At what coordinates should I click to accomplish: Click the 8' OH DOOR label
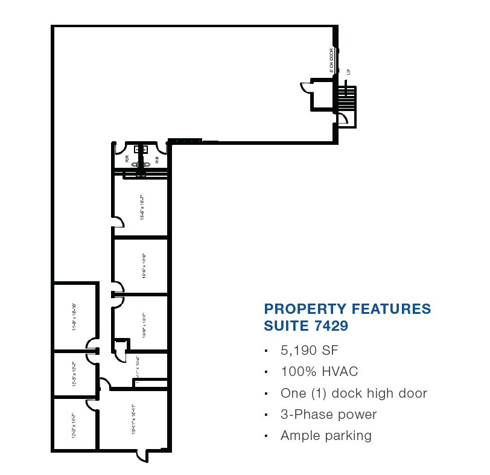point(332,61)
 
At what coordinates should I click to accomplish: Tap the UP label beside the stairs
point(349,72)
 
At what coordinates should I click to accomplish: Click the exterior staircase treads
point(348,99)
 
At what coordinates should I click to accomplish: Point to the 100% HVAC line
point(323,372)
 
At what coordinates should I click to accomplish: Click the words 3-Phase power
point(328,415)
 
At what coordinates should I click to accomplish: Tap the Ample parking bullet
point(326,436)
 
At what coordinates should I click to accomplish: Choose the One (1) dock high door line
point(354,394)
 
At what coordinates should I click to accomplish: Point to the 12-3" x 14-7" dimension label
point(74,424)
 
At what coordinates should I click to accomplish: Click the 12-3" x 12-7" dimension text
point(74,374)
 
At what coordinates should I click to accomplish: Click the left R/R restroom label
point(127,160)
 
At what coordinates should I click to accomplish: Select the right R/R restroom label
point(156,160)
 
